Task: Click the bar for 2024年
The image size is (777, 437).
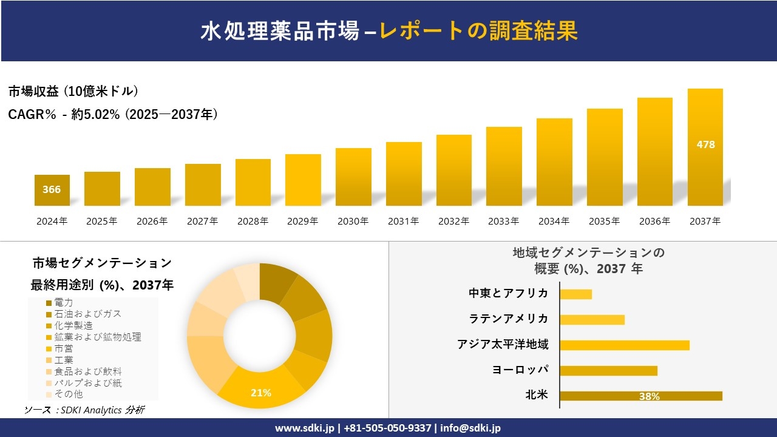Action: click(x=52, y=190)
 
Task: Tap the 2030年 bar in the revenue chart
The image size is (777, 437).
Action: click(x=353, y=177)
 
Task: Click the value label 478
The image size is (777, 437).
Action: click(x=705, y=144)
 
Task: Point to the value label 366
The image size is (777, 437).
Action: click(x=52, y=189)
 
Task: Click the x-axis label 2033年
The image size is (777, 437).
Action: click(x=504, y=222)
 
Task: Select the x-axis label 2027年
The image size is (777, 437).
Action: click(x=202, y=222)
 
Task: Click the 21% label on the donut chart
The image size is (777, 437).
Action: click(x=261, y=393)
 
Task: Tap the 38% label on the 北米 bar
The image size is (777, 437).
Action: click(x=649, y=396)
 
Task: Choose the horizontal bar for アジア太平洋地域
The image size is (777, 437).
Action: click(x=625, y=345)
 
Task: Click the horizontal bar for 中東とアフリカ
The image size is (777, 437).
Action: click(x=575, y=294)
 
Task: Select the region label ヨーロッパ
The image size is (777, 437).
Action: click(x=520, y=370)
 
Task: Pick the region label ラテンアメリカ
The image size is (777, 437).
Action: click(x=509, y=319)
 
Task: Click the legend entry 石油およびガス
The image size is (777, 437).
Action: click(x=87, y=314)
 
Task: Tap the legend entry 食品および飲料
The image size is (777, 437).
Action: click(x=89, y=371)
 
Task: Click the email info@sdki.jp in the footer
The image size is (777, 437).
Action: click(x=470, y=428)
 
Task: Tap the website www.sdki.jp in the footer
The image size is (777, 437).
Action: click(x=304, y=428)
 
